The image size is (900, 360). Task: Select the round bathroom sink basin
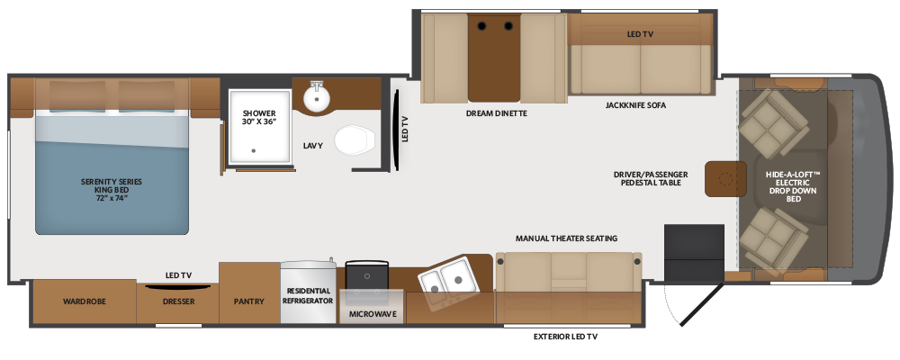click(x=315, y=97)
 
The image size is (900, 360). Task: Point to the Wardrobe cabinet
click(x=85, y=301)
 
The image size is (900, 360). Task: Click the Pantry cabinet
click(x=248, y=301)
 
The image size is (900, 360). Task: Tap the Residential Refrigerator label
click(x=309, y=296)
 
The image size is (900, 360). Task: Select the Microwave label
click(x=371, y=315)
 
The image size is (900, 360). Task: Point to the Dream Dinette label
click(x=497, y=114)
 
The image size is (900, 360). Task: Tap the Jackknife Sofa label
click(x=635, y=105)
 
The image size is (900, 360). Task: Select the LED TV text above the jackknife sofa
click(x=640, y=33)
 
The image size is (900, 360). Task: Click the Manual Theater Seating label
click(x=566, y=238)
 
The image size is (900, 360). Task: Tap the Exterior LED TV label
click(x=565, y=336)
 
